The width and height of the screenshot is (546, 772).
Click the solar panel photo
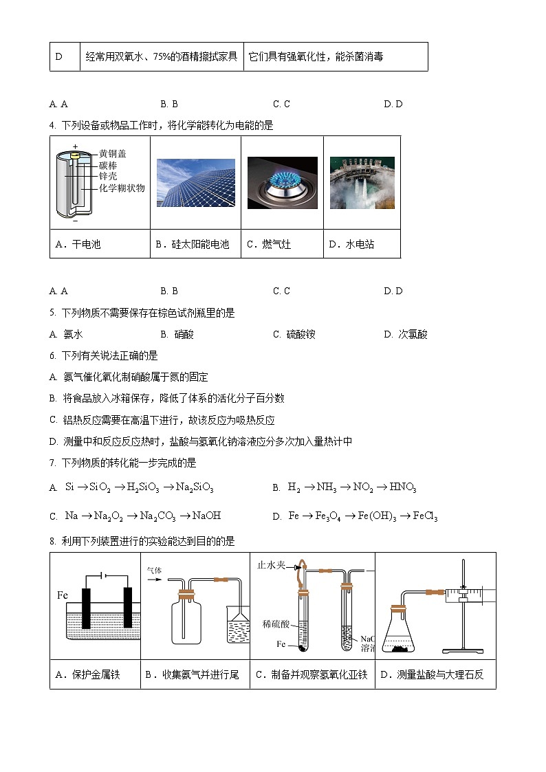click(x=195, y=183)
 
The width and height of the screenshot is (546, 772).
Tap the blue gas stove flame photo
click(x=282, y=183)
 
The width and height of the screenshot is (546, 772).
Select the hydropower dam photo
click(x=362, y=183)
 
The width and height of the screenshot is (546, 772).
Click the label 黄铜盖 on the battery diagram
click(x=113, y=154)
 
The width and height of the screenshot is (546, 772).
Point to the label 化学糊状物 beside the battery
click(x=122, y=188)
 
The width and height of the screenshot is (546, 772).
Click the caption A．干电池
click(x=78, y=244)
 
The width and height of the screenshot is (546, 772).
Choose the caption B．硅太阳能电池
click(x=192, y=244)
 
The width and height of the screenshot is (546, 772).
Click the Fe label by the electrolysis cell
click(x=62, y=595)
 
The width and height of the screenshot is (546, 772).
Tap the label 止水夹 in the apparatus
click(x=271, y=565)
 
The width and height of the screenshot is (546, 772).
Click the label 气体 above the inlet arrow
click(x=155, y=571)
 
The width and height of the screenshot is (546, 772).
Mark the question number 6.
click(x=53, y=356)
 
